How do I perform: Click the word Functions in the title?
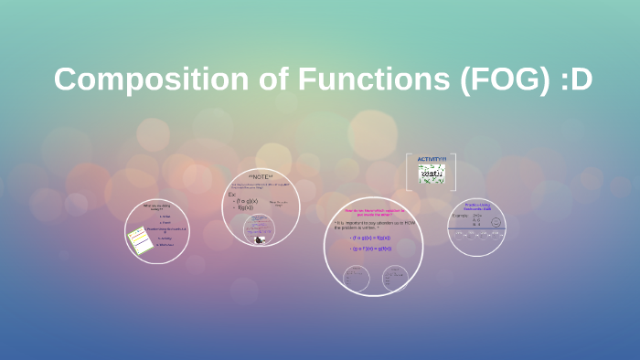click(x=363, y=79)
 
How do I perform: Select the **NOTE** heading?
click(x=261, y=175)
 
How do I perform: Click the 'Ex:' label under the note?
click(x=232, y=196)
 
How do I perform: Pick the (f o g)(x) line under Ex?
click(x=247, y=201)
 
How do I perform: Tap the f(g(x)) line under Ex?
click(x=244, y=207)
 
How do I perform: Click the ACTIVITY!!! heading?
click(x=432, y=159)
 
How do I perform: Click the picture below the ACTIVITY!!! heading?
click(x=432, y=174)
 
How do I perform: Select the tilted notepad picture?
click(x=139, y=240)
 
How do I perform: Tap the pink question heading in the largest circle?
click(x=372, y=212)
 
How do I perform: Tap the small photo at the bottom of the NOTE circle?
click(x=260, y=239)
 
